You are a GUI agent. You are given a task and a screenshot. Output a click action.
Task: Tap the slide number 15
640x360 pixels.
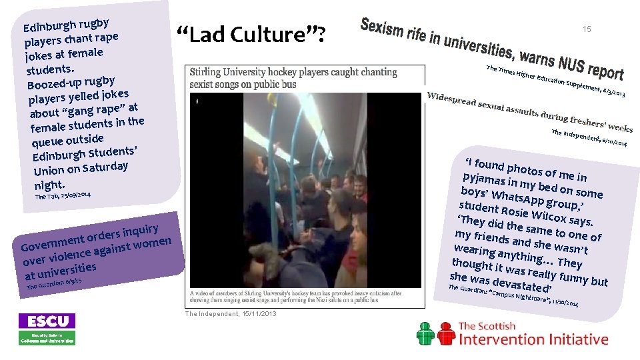[587, 29]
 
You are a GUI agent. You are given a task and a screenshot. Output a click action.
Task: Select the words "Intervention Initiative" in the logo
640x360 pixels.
[533, 339]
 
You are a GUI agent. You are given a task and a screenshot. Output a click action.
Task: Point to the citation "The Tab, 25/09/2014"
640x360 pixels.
[63, 195]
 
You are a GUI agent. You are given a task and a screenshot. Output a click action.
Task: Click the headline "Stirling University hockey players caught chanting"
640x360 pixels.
[293, 72]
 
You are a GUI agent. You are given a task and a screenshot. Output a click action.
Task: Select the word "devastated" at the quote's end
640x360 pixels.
[516, 285]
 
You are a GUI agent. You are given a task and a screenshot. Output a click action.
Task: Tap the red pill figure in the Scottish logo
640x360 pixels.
[427, 333]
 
